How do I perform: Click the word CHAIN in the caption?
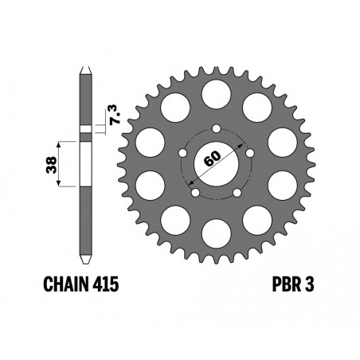click(67, 284)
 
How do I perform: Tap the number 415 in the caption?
click(106, 284)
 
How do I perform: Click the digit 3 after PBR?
click(310, 284)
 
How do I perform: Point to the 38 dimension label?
click(51, 165)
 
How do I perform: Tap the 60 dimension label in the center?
click(213, 158)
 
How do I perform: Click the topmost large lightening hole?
click(216, 94)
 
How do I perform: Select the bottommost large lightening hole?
click(216, 233)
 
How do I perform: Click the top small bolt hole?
click(217, 129)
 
